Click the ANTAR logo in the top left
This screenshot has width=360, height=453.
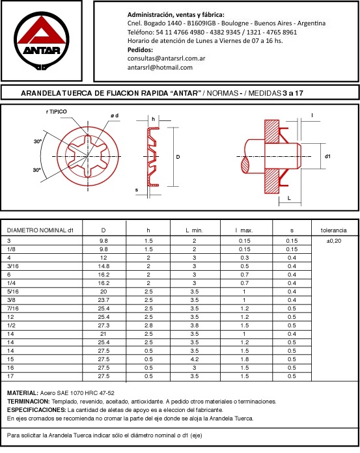point(42,40)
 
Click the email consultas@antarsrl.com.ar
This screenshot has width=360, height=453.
point(166,59)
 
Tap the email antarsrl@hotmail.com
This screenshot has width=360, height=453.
point(160,68)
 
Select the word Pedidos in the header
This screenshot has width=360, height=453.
point(140,49)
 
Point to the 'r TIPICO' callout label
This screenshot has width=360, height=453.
point(57,111)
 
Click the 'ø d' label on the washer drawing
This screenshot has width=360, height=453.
point(115,116)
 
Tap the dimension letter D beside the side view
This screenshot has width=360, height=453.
point(178,157)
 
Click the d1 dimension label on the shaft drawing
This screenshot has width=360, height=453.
point(327,156)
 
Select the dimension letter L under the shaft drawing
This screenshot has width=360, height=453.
point(289,198)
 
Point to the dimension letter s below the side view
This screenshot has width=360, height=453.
point(137,190)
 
